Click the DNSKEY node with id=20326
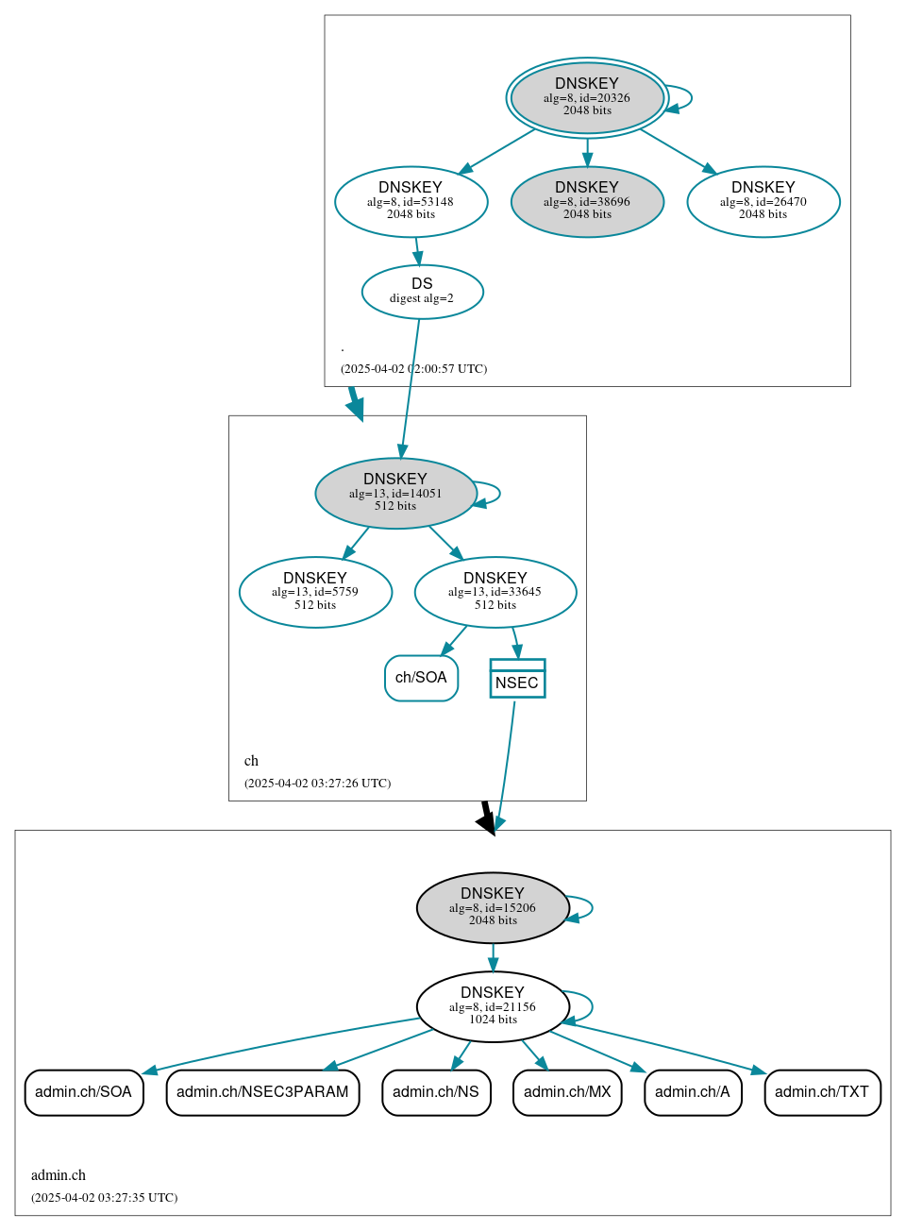pyautogui.click(x=587, y=97)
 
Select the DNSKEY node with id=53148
pyautogui.click(x=411, y=201)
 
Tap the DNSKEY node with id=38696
pyautogui.click(x=587, y=201)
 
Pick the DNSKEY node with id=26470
pyautogui.click(x=763, y=201)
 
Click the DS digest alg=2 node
pyautogui.click(x=422, y=292)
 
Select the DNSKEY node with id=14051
pyautogui.click(x=395, y=493)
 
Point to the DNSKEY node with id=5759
pyautogui.click(x=315, y=592)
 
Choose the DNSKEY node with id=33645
pyautogui.click(x=495, y=592)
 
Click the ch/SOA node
pyautogui.click(x=421, y=678)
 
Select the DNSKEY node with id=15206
pyautogui.click(x=493, y=907)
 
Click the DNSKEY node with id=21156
pyautogui.click(x=493, y=1006)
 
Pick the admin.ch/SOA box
pyautogui.click(x=84, y=1092)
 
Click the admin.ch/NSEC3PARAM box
pyautogui.click(x=262, y=1092)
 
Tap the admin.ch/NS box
pyautogui.click(x=436, y=1092)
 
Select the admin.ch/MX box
pyautogui.click(x=567, y=1092)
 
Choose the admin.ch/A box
pyautogui.click(x=693, y=1092)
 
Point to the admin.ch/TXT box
pyautogui.click(x=822, y=1092)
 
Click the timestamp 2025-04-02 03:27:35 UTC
pyautogui.click(x=104, y=1198)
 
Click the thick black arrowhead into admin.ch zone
pyautogui.click(x=488, y=823)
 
